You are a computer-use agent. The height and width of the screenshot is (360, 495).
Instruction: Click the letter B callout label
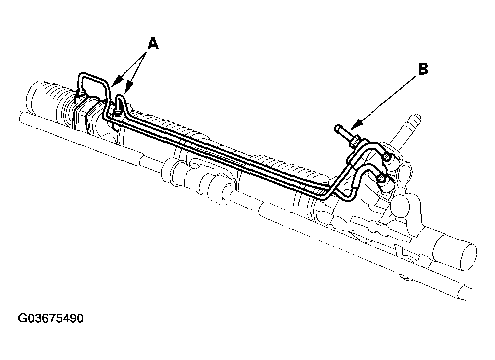(x=422, y=69)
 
